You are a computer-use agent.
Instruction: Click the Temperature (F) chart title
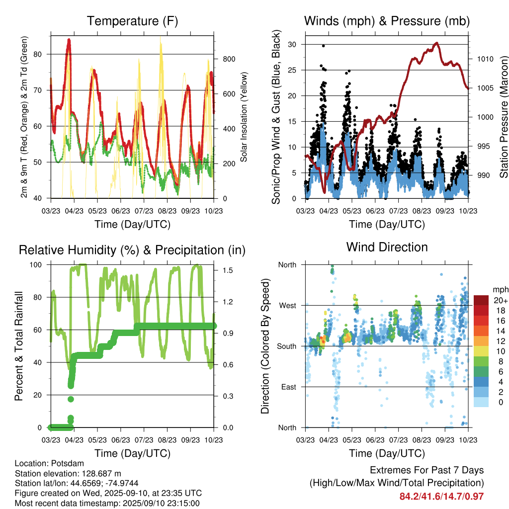pyautogui.click(x=132, y=21)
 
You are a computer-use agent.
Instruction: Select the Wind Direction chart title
pyautogui.click(x=387, y=247)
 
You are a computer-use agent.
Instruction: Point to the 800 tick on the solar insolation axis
pyautogui.click(x=229, y=59)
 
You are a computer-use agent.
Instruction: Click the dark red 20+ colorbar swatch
pyautogui.click(x=481, y=300)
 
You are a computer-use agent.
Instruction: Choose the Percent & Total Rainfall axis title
pyautogui.click(x=19, y=346)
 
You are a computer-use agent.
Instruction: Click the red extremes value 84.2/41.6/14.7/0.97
pyautogui.click(x=441, y=497)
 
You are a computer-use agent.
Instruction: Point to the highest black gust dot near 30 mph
pyautogui.click(x=323, y=46)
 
